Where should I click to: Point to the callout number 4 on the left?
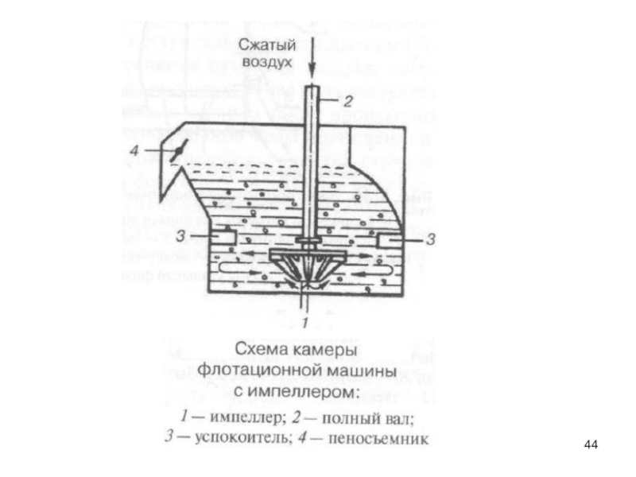pyautogui.click(x=157, y=151)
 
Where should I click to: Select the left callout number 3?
pyautogui.click(x=182, y=236)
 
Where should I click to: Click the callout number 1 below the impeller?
pyautogui.click(x=302, y=321)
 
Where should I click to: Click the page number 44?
pyautogui.click(x=590, y=443)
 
